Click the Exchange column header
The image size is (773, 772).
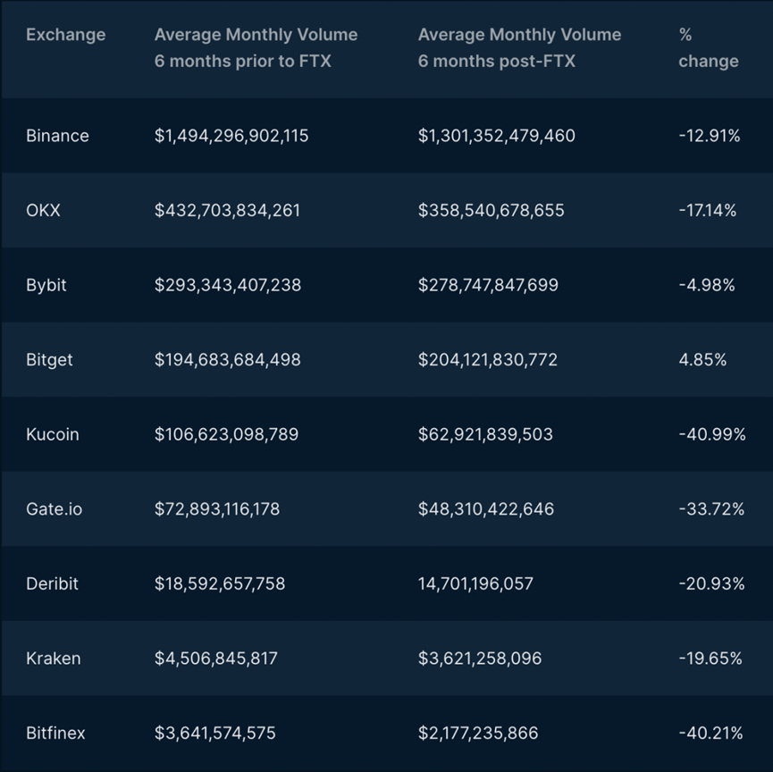[x=65, y=35]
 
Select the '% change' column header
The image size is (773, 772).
[x=708, y=48]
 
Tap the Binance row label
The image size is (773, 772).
[x=57, y=136]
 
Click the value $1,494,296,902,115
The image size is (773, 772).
[x=231, y=136]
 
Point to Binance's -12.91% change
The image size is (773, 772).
[x=710, y=136]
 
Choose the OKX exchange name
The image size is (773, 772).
[x=43, y=211]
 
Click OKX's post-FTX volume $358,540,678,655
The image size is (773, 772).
[x=492, y=211]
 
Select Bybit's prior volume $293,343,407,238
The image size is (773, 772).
[x=228, y=285]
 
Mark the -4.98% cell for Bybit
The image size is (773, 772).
[x=707, y=285]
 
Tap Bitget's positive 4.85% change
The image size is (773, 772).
[x=702, y=360]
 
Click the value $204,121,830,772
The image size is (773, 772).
[x=488, y=360]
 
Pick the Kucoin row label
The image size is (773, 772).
[x=53, y=434]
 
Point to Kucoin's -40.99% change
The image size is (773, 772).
[x=712, y=434]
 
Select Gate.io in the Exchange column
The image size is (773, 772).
[x=53, y=509]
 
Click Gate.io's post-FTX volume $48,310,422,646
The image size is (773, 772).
[x=486, y=509]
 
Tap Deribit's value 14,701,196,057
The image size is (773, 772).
[x=475, y=583]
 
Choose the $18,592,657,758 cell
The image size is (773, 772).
[x=220, y=583]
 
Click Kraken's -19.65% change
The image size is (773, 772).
[x=710, y=659]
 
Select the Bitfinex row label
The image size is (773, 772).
[x=55, y=734]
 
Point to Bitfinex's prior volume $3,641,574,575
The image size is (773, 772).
[x=215, y=734]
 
